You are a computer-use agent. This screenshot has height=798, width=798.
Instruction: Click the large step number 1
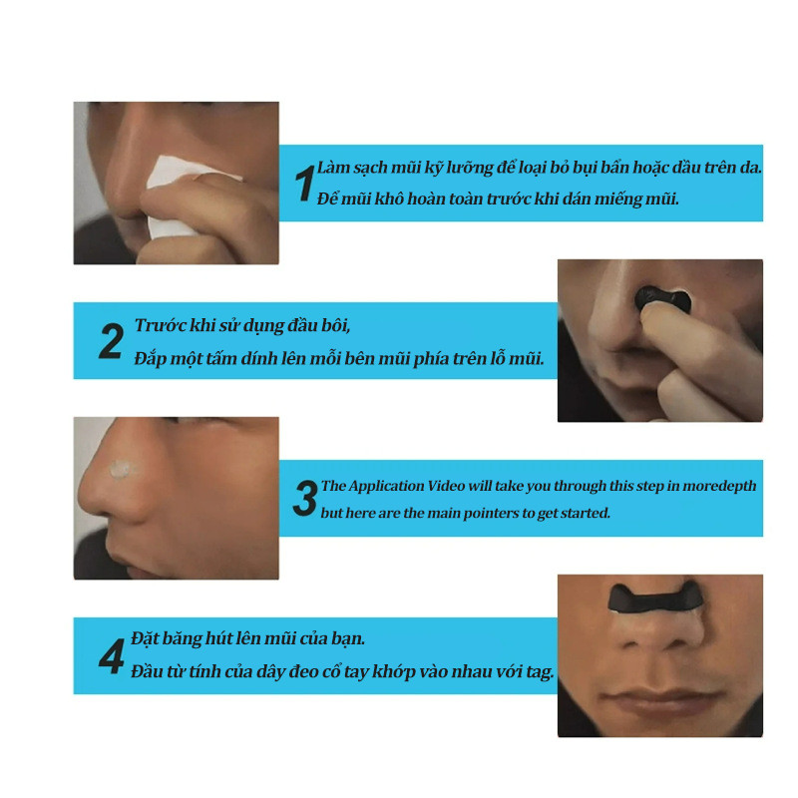(305, 184)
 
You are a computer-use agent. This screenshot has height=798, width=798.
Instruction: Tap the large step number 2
(111, 341)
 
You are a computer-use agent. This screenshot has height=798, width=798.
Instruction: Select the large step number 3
(305, 498)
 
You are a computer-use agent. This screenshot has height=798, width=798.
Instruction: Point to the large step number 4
(112, 656)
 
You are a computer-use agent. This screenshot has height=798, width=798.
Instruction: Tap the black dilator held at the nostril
(662, 299)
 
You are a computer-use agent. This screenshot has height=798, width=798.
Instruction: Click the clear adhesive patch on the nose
(123, 469)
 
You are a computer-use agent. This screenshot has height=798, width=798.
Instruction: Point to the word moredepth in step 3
(719, 487)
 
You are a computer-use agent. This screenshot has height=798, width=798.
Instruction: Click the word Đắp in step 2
(151, 358)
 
